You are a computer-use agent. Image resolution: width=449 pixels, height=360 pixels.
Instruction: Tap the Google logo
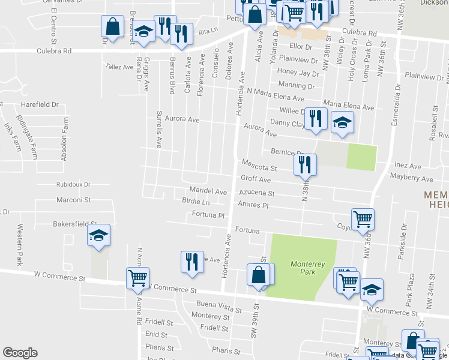(20, 353)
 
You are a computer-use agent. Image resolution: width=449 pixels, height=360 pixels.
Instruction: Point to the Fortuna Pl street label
(208, 215)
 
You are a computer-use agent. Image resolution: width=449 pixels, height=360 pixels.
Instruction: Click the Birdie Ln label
(196, 202)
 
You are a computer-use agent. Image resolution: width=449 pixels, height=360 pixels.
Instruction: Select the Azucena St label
(256, 194)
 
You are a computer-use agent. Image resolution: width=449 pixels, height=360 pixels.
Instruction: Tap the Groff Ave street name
(256, 179)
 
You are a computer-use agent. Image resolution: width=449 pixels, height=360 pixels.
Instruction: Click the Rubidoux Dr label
(73, 184)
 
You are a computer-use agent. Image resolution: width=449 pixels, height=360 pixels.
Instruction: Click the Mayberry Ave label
(411, 179)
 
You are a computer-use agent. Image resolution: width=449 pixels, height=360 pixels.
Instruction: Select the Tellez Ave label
(119, 67)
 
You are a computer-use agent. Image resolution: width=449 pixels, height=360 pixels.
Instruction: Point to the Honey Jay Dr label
(298, 73)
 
